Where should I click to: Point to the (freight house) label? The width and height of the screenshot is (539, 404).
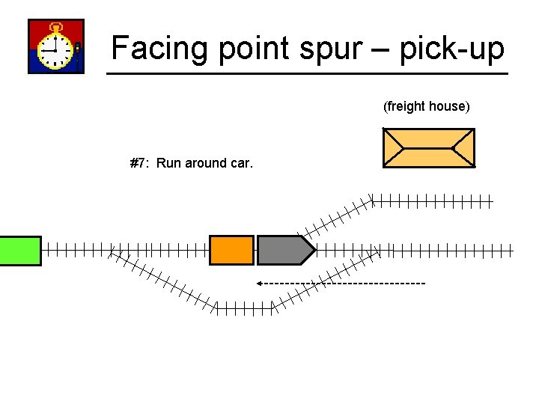[x=427, y=106]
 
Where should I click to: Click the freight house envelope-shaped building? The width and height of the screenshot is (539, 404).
[x=428, y=147]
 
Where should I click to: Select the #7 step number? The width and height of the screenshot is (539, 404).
[x=138, y=163]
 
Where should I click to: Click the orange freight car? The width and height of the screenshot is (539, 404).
[x=231, y=250]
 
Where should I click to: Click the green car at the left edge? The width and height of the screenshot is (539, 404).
[x=19, y=250]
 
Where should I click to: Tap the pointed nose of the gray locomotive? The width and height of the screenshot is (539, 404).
[x=311, y=250]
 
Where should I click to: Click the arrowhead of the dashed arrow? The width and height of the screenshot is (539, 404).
[x=259, y=284]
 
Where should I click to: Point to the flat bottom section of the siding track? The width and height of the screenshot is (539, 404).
[x=245, y=307]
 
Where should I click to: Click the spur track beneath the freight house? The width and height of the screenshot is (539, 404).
[x=433, y=201]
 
